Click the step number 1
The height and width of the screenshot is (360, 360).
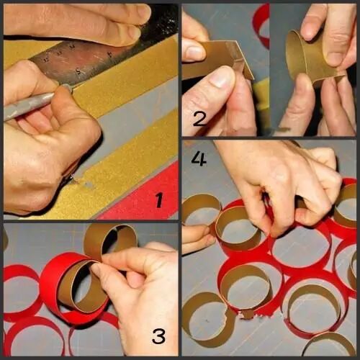pyautogui.click(x=159, y=200)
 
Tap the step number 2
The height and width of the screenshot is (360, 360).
pyautogui.click(x=199, y=119)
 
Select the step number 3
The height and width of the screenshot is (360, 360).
pyautogui.click(x=158, y=336)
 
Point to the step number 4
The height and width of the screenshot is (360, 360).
pyautogui.click(x=199, y=159)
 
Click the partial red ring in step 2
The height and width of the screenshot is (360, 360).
pyautogui.click(x=261, y=27)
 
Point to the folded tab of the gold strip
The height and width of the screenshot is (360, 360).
pyautogui.click(x=243, y=60)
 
